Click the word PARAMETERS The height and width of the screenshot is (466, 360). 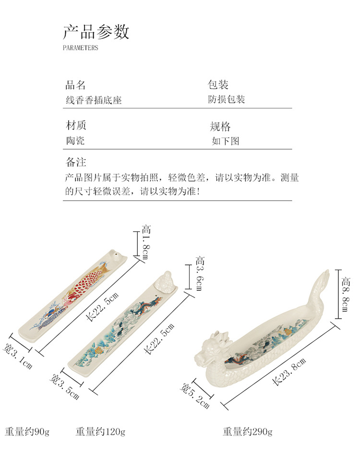[80, 48]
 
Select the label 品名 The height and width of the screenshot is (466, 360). [75, 85]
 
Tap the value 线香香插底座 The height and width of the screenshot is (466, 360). [94, 100]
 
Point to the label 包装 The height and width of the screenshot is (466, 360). [218, 85]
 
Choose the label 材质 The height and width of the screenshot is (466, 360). [75, 126]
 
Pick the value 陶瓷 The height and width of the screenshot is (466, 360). [76, 141]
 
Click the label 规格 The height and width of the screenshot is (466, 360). [220, 127]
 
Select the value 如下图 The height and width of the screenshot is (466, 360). [225, 141]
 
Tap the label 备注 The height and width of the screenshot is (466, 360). [76, 162]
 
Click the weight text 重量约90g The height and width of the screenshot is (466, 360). [27, 431]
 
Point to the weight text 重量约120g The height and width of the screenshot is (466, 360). [100, 431]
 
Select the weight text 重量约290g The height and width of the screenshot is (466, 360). [247, 431]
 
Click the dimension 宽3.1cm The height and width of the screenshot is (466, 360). [18, 356]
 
